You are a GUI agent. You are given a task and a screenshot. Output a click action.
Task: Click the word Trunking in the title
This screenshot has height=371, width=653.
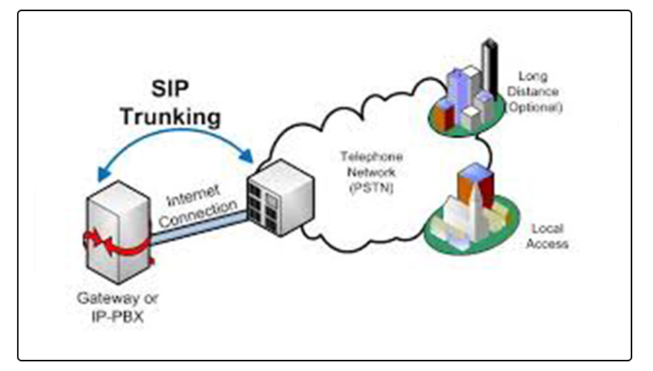coord(171,116)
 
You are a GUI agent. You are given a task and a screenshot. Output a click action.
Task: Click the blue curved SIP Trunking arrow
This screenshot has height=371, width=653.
coord(174,145)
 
